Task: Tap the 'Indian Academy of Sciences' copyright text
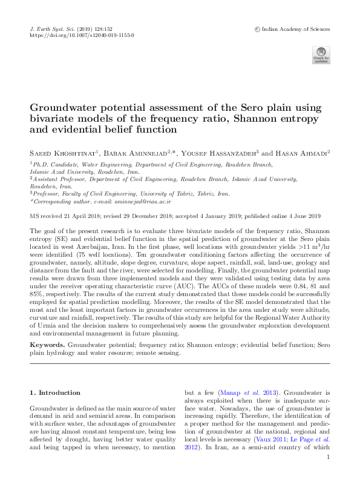pos(293,28)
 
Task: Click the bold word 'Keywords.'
pos(47,343)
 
